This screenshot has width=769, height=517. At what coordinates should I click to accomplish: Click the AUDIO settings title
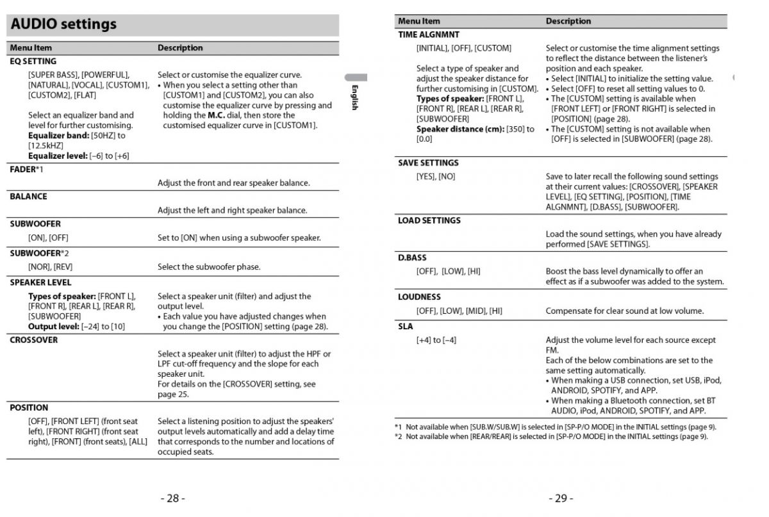[63, 24]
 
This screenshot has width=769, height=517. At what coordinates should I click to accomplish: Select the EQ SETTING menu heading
[33, 62]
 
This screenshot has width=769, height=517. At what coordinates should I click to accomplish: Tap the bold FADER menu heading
[22, 169]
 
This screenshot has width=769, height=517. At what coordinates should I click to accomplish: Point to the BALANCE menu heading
[28, 197]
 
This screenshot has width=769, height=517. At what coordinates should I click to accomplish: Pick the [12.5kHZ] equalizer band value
[45, 145]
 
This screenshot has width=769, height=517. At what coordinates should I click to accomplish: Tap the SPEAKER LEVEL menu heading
[40, 283]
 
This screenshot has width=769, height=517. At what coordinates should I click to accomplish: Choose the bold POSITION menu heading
[29, 407]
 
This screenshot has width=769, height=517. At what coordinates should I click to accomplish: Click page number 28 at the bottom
[172, 498]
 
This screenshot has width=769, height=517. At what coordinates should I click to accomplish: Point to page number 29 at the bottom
[561, 498]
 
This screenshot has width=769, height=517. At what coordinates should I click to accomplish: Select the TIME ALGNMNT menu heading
[429, 35]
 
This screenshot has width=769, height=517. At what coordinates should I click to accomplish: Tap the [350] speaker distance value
[516, 129]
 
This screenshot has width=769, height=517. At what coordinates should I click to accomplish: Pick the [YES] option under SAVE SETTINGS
[426, 177]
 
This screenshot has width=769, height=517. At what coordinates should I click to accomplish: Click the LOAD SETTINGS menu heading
[429, 220]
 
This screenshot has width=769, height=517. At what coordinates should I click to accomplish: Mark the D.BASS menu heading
[412, 258]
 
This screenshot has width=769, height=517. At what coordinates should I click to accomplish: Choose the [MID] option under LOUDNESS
[475, 311]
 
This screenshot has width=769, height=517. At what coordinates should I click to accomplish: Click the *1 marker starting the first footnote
[399, 427]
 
